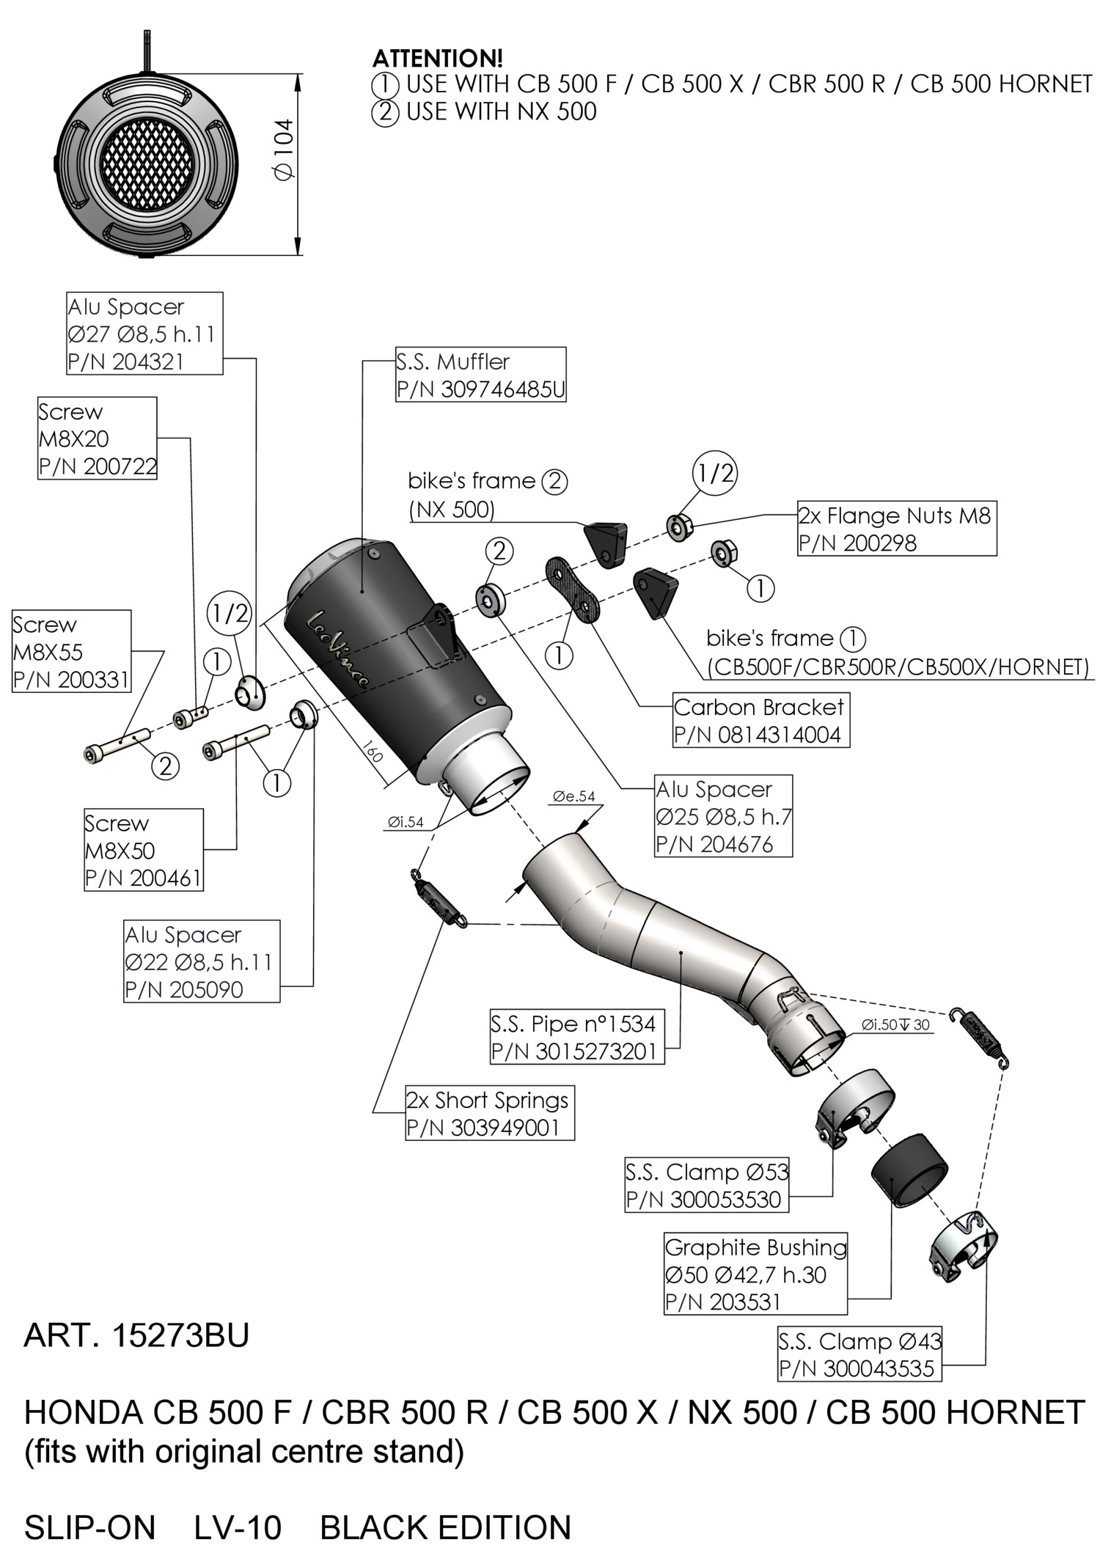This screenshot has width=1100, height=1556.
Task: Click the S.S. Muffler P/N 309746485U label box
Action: click(480, 375)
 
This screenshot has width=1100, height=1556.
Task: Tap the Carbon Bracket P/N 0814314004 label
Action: click(760, 720)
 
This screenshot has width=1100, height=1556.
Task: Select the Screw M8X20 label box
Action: click(98, 438)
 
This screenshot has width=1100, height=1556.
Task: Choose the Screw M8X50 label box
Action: click(144, 850)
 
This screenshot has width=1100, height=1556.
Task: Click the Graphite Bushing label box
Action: click(755, 1274)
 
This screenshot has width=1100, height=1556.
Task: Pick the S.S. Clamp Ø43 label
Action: click(859, 1354)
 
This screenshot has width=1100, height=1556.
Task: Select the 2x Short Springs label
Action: click(490, 1113)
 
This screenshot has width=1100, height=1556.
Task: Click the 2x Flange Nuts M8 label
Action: click(896, 529)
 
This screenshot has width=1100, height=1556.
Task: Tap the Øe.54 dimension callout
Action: click(574, 796)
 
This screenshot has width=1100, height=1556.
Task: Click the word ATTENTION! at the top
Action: click(438, 58)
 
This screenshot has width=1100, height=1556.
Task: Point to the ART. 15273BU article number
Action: click(136, 1336)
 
